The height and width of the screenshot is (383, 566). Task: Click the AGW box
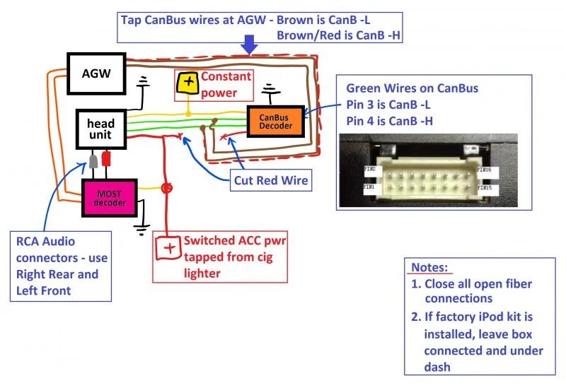(x=96, y=73)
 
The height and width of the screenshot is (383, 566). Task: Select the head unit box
(x=101, y=129)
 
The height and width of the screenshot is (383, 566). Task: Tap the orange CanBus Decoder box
(x=275, y=122)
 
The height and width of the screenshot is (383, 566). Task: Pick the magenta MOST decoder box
(x=110, y=198)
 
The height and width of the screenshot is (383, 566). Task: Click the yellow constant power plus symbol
(x=187, y=83)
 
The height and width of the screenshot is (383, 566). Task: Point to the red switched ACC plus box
(x=168, y=248)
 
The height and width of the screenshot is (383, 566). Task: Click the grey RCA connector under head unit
(x=93, y=161)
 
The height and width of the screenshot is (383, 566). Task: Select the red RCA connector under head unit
(x=106, y=159)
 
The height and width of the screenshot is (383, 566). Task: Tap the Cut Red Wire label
(x=271, y=180)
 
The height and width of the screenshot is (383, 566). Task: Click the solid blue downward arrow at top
(x=249, y=45)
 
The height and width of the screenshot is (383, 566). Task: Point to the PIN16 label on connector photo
(x=484, y=170)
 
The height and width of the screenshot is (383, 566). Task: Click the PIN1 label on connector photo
(x=369, y=187)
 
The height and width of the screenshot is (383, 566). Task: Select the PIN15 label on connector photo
(x=485, y=187)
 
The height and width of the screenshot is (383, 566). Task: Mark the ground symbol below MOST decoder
(x=141, y=230)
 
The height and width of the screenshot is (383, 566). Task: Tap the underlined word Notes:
(x=429, y=267)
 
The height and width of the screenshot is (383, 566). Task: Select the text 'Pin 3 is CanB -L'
(x=388, y=105)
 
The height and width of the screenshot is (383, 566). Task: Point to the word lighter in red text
(x=202, y=273)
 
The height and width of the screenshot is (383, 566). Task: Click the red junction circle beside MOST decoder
(x=166, y=188)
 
